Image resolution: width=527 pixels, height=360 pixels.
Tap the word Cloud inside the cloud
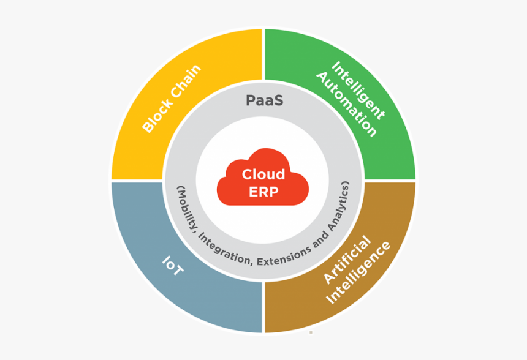[x=263, y=174]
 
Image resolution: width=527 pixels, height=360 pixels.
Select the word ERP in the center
[x=263, y=191]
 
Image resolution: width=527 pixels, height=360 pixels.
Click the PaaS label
[x=264, y=100]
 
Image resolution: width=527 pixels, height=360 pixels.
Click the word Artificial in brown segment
[x=346, y=260]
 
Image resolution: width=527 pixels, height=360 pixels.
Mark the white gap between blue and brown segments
[x=263, y=306]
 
